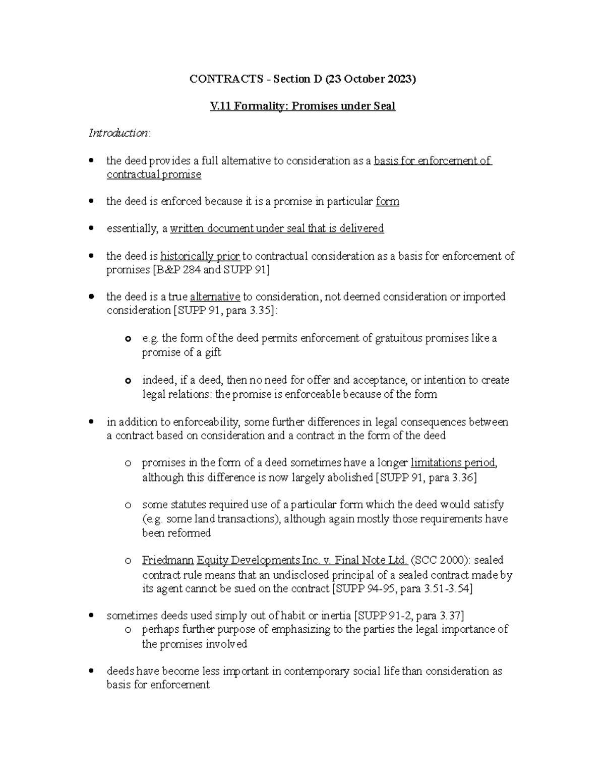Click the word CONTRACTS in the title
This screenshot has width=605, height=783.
[226, 79]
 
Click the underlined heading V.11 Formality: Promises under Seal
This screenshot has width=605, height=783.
[302, 106]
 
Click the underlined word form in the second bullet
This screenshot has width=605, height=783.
[388, 202]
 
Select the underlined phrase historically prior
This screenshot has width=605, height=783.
[200, 256]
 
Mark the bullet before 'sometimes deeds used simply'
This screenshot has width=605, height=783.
[91, 616]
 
